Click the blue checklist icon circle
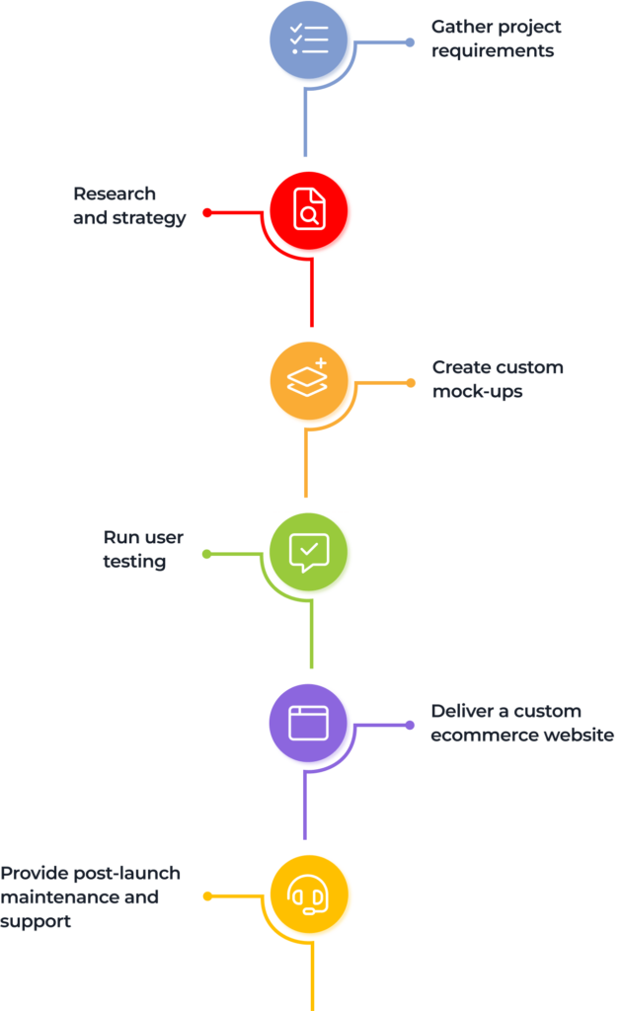[308, 39]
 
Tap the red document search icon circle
[309, 210]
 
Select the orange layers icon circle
[309, 380]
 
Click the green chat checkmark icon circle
[308, 552]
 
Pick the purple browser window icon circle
[308, 723]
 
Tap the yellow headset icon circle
[309, 894]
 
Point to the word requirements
[493, 51]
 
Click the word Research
[115, 194]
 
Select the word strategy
[149, 218]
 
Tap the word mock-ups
[477, 391]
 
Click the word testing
[134, 562]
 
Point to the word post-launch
[127, 873]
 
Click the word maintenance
[60, 896]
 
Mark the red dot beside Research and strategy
[207, 212]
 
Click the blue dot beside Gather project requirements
[410, 42]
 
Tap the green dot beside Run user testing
[207, 554]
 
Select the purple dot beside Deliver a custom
[410, 726]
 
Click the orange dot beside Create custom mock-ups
[411, 383]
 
